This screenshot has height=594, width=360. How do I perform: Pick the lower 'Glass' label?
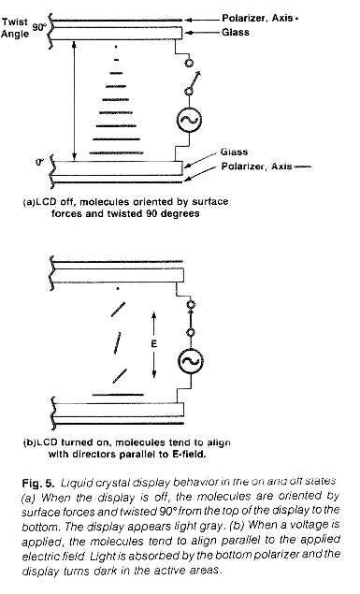point(233,152)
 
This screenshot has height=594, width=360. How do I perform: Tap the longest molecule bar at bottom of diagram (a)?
point(122,155)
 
